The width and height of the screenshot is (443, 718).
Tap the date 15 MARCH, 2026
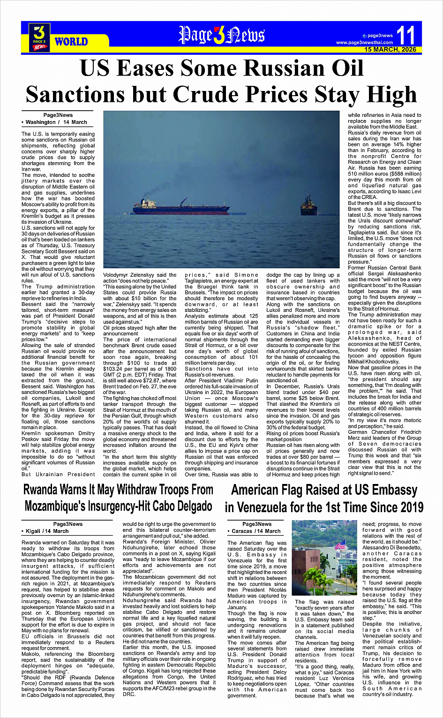click(x=390, y=49)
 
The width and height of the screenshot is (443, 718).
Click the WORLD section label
click(x=71, y=42)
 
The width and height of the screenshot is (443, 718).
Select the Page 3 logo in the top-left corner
click(x=39, y=37)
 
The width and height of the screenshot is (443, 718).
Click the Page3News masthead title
click(x=221, y=35)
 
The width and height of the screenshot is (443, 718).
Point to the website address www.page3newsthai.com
click(x=364, y=43)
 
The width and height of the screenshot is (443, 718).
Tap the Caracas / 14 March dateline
click(x=256, y=531)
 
